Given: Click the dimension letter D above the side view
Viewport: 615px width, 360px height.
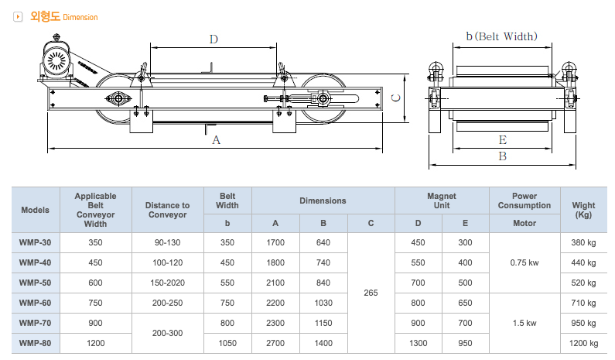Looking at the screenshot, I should click(x=214, y=39).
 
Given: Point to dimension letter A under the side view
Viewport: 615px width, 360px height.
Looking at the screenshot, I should click(x=217, y=140).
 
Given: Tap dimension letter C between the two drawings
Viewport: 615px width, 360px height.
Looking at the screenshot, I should click(x=394, y=98).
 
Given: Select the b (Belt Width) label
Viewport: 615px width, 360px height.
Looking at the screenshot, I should click(x=501, y=36).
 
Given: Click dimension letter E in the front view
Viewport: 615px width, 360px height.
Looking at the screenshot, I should click(x=502, y=139).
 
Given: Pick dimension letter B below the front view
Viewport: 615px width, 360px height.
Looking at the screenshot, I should click(x=502, y=156).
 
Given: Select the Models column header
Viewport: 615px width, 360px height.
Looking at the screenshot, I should click(x=36, y=210).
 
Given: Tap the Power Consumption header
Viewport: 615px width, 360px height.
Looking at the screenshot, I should click(x=524, y=201).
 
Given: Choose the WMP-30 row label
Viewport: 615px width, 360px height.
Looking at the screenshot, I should click(x=35, y=243).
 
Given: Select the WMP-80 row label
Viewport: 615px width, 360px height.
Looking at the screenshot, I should click(x=35, y=343).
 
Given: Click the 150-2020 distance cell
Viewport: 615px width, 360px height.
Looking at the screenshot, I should click(x=167, y=283).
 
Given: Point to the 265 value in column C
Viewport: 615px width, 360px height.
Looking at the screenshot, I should click(x=371, y=293).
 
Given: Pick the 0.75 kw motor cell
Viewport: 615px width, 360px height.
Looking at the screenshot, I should click(x=524, y=263).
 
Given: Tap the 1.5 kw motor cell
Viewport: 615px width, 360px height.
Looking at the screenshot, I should click(x=524, y=323).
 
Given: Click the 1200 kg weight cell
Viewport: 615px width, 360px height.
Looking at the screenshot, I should click(x=584, y=343).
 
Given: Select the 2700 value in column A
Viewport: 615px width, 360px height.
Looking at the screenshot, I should click(x=275, y=343).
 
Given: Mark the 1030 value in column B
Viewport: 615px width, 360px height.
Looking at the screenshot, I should click(x=323, y=303).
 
